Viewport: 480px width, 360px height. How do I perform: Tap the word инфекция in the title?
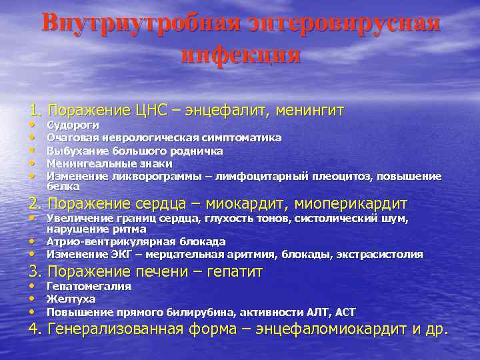(x=240, y=54)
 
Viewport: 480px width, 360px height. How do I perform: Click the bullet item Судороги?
(x=73, y=125)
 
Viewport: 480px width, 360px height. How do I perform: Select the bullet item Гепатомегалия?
(x=89, y=286)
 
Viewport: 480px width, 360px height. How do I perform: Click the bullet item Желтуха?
(x=71, y=299)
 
